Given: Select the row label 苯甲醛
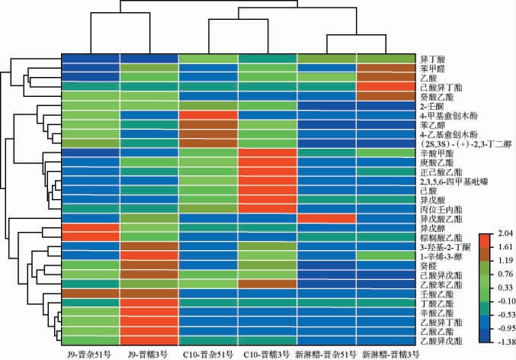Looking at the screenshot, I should click(431, 68).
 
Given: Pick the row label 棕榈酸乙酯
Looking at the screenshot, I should click(437, 236).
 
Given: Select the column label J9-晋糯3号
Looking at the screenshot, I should click(149, 354).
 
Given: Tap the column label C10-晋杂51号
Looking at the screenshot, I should click(209, 354).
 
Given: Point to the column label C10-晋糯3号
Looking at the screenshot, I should click(268, 354).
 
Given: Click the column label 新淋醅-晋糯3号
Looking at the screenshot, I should click(386, 354).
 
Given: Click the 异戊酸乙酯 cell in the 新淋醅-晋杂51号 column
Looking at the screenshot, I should click(327, 217).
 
